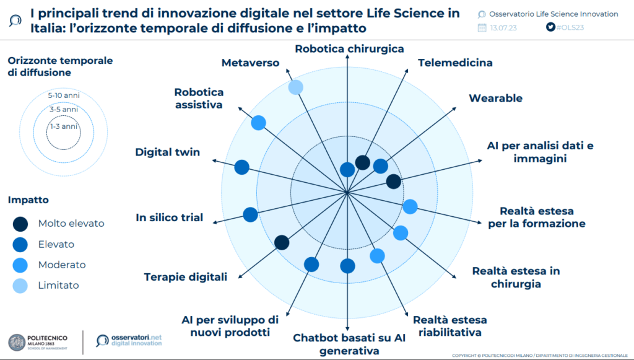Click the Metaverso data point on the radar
tap(296, 87)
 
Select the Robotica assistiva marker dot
tap(259, 123)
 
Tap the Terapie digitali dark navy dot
tap(282, 242)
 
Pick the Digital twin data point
tap(242, 167)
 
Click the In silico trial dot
tap(250, 214)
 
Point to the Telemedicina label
tap(455, 63)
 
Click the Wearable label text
tap(495, 98)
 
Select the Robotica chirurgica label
tap(349, 48)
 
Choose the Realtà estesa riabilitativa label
tap(449, 326)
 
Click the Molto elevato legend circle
tap(21, 224)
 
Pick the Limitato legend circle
tap(21, 285)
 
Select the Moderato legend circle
tap(21, 265)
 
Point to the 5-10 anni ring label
tap(64, 95)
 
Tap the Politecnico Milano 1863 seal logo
tap(17, 341)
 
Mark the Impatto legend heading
tap(28, 200)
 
